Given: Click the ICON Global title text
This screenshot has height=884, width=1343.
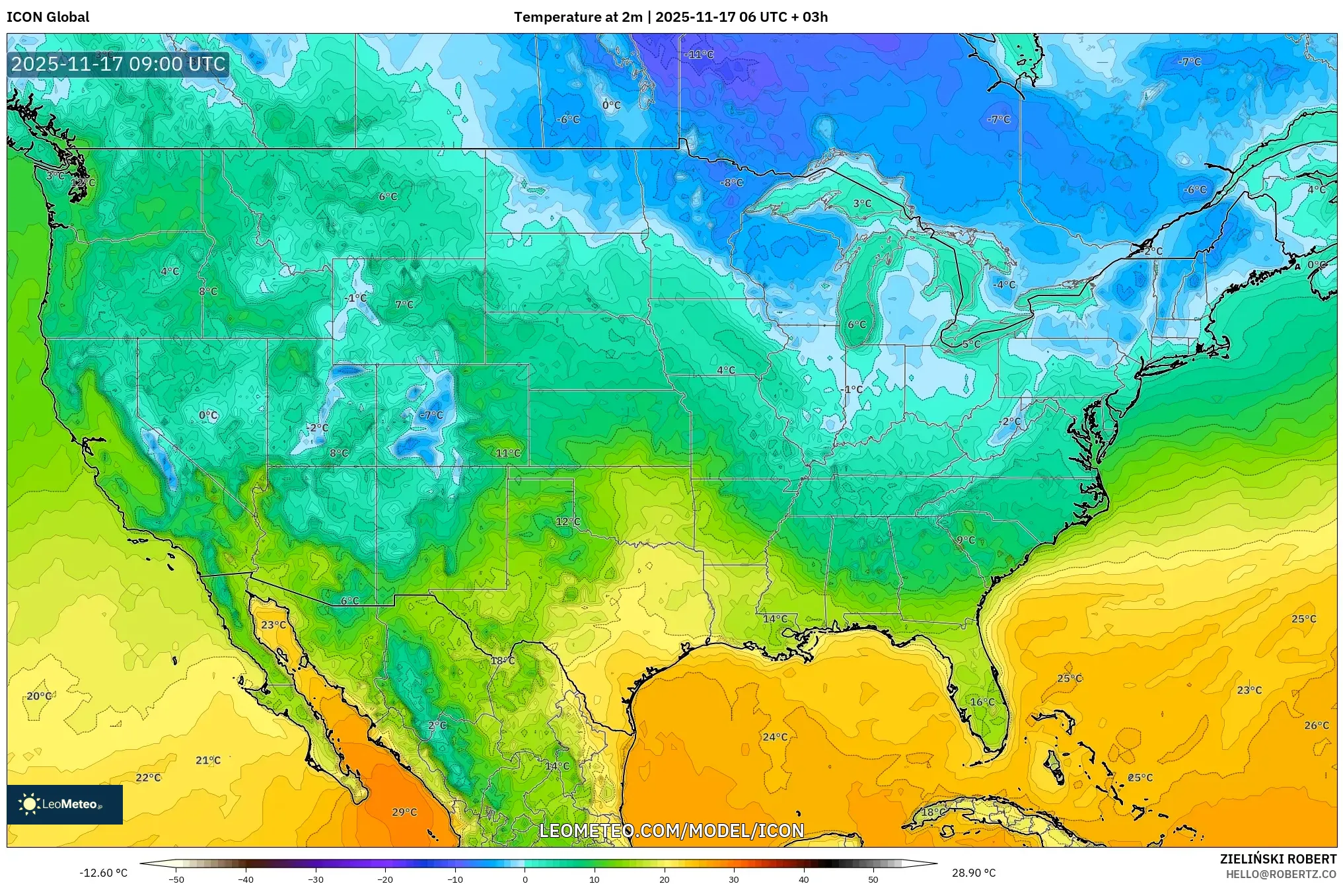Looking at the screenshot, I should (48, 17).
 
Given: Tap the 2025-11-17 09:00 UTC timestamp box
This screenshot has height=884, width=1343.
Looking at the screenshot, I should (119, 64).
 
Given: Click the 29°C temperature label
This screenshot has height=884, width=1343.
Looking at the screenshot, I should (404, 812).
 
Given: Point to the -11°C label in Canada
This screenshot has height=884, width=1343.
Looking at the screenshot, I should (699, 54).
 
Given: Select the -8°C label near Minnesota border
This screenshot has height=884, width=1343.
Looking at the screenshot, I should (731, 183).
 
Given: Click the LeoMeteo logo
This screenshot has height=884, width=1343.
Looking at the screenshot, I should (65, 804).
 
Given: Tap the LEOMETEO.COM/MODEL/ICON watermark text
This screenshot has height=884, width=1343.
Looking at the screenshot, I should (671, 830).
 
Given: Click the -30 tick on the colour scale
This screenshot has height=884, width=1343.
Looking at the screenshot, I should (316, 879).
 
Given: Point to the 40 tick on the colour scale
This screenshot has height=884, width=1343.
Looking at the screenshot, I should (803, 879).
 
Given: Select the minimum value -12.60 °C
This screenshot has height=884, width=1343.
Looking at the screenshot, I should (103, 873).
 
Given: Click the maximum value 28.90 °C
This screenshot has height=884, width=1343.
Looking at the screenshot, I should (973, 873).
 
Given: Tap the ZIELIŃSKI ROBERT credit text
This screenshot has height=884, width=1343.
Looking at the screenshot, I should (1278, 859).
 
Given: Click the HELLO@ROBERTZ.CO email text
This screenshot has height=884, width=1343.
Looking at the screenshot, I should (1281, 874).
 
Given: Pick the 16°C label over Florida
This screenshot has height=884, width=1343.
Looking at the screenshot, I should (982, 702).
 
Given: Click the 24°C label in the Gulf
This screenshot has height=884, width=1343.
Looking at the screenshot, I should (775, 737).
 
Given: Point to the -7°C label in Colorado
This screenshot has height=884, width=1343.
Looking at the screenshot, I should (431, 415).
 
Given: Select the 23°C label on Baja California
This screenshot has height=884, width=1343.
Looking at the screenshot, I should (273, 624).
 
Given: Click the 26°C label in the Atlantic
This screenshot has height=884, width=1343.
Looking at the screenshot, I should (1316, 725).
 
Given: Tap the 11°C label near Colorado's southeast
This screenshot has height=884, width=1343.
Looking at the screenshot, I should (508, 453).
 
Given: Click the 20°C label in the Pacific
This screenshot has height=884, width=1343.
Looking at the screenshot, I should (39, 696).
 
